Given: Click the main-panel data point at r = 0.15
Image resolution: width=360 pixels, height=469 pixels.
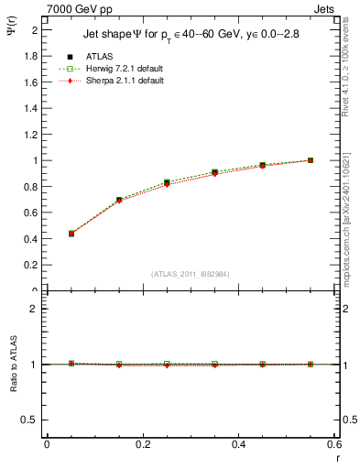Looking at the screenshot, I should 119,200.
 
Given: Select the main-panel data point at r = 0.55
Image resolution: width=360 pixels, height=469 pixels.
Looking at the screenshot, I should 311,160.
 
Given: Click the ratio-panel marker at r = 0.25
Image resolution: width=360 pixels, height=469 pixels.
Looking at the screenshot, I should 167,364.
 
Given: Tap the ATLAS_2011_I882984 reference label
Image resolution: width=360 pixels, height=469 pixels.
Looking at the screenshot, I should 191,273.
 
